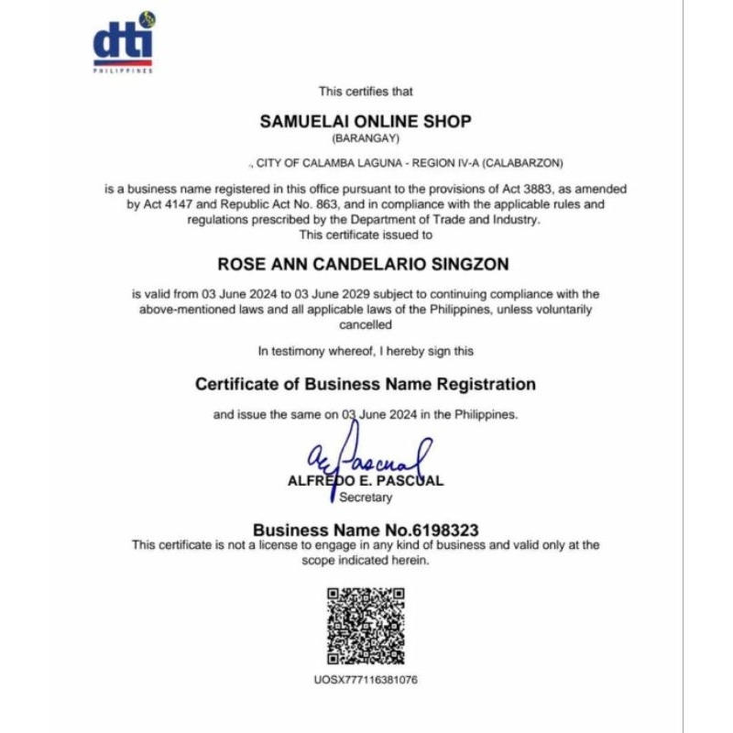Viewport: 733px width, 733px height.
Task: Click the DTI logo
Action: [124, 41]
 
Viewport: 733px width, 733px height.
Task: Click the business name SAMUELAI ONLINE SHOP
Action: [366, 121]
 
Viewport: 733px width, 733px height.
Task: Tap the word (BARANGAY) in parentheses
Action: [366, 138]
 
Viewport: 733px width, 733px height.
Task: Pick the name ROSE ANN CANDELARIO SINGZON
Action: [363, 264]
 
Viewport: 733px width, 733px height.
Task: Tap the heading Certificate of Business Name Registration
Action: [366, 384]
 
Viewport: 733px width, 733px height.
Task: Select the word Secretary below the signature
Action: [366, 498]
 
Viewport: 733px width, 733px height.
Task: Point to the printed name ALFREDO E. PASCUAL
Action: [366, 481]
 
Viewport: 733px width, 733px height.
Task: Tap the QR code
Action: [366, 626]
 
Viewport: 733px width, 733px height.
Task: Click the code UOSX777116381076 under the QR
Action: [366, 680]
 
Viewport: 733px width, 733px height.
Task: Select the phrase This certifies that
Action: [366, 92]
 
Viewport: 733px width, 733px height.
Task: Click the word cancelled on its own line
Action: [366, 324]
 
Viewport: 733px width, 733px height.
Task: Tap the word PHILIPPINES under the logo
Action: [124, 71]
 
